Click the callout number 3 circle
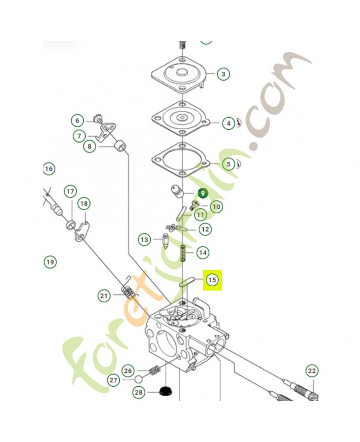click(x=223, y=74)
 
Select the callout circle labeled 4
click(x=228, y=124)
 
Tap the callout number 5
click(x=228, y=164)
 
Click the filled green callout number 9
click(x=203, y=193)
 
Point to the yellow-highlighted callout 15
click(x=213, y=281)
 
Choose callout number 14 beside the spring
click(x=203, y=252)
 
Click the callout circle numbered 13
click(x=144, y=240)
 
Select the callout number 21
click(x=104, y=296)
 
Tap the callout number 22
click(x=312, y=371)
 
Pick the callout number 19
click(x=50, y=262)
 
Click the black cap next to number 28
click(x=165, y=392)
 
